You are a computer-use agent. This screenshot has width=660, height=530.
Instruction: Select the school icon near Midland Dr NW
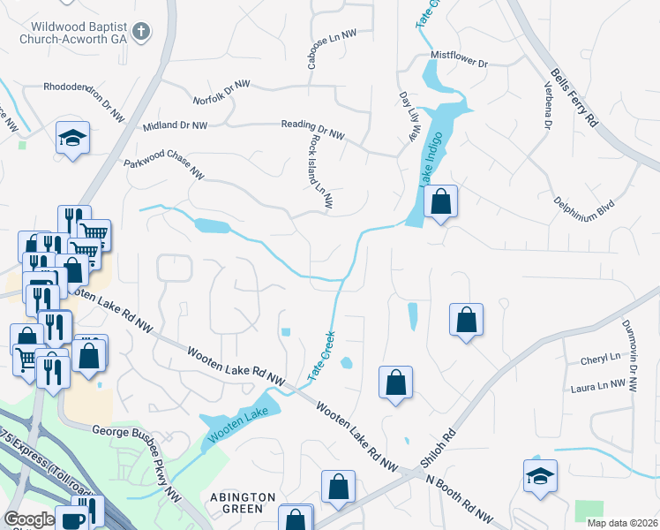(x=72, y=139)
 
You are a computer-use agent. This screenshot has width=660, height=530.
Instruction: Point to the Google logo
(x=30, y=519)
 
